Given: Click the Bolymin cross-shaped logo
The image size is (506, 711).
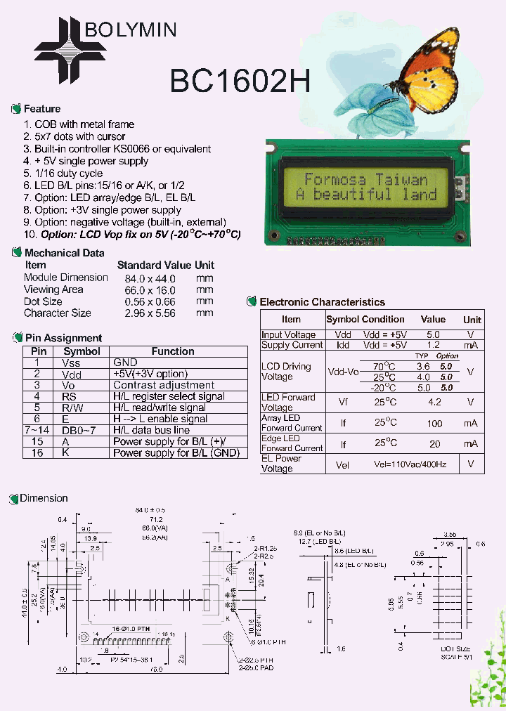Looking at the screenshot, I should pos(62,48).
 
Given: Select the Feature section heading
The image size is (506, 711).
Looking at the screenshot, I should pos(41,109).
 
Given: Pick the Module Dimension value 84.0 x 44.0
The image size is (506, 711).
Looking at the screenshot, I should pos(146,278).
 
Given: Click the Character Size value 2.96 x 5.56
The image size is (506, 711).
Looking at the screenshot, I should pos(146,313).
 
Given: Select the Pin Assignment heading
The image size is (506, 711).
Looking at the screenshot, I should pos(63,338).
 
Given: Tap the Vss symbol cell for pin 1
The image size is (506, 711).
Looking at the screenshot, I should pos(72,363).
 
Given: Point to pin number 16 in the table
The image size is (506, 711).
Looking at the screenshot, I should pos(38,453).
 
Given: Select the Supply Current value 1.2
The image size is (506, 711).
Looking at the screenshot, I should pos(434,345).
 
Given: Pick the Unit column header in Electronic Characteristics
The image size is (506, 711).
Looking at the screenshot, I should pos(472,320).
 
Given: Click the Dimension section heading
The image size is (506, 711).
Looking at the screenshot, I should pos(44,498).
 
